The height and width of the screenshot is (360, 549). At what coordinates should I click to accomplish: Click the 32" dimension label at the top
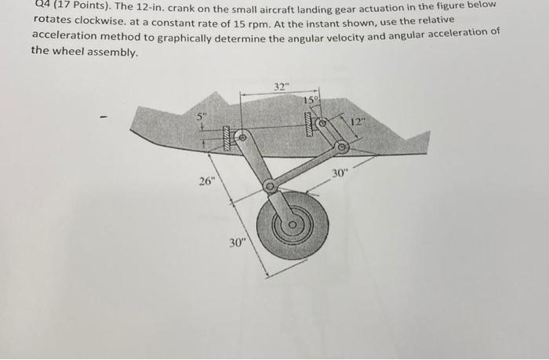(x=281, y=85)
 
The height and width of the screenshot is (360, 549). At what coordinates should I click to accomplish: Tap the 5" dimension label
(x=201, y=117)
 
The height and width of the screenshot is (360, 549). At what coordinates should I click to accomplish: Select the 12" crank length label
(x=358, y=122)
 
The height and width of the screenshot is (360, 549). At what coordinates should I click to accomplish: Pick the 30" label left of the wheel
(x=238, y=242)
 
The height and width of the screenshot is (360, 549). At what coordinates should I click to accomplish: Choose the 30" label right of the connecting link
(x=339, y=174)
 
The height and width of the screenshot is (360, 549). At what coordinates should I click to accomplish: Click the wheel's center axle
(x=292, y=226)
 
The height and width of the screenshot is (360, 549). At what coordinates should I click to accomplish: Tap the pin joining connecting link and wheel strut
(x=270, y=187)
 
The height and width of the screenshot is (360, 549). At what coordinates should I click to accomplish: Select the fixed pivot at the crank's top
(x=321, y=122)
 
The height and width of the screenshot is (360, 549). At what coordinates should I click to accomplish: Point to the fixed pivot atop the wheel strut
(x=240, y=136)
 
